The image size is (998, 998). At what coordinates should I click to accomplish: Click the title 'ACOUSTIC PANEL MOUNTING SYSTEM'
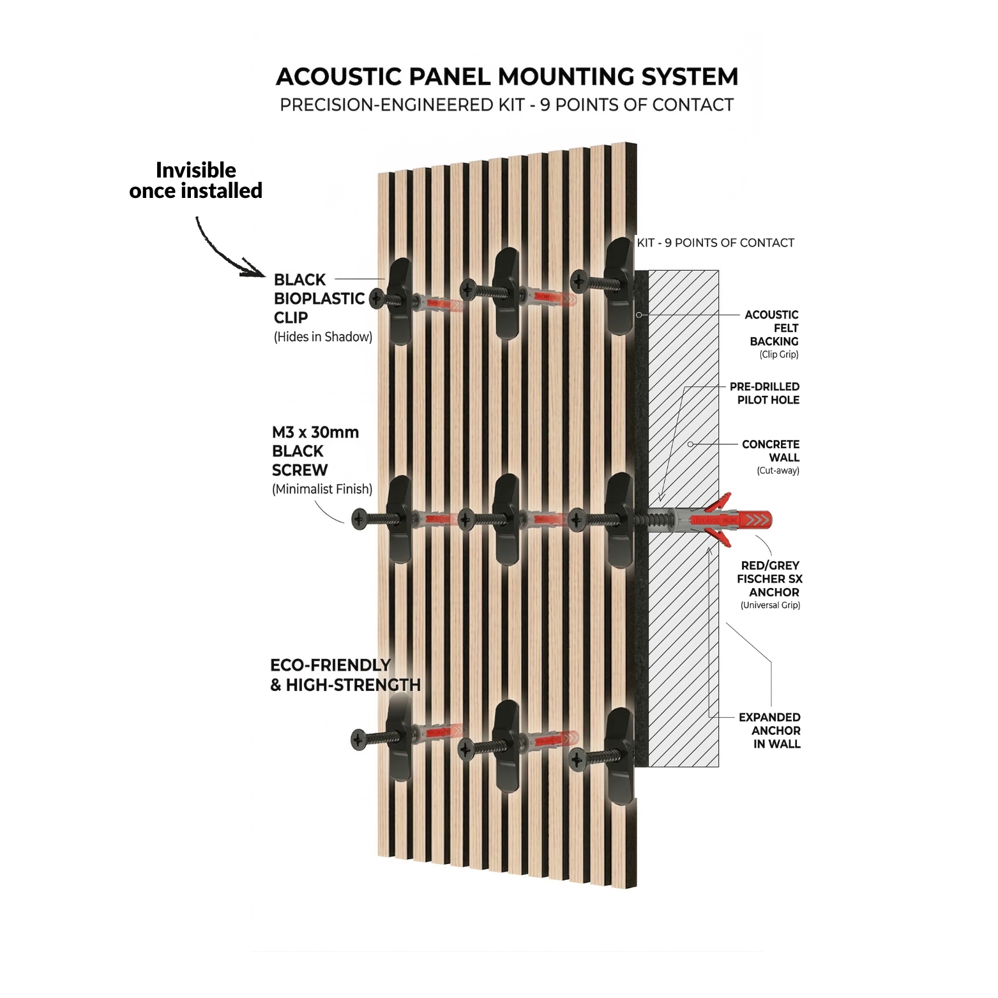[506, 77]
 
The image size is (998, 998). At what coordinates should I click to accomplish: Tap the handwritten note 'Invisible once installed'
[195, 180]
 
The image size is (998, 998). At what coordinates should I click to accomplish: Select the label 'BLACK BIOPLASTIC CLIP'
[318, 298]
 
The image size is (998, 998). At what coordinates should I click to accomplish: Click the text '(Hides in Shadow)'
[322, 336]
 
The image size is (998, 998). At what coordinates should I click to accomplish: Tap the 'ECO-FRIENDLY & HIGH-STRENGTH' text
[345, 675]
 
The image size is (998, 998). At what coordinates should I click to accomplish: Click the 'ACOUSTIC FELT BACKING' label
[773, 328]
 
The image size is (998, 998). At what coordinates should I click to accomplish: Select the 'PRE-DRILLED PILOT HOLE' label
[766, 393]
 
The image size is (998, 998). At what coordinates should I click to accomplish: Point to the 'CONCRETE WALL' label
[771, 451]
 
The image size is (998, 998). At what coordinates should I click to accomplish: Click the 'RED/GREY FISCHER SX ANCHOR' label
[769, 578]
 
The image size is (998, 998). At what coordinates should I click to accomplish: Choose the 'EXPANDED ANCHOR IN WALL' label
[770, 730]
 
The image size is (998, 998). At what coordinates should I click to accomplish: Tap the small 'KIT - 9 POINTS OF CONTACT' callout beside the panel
[715, 243]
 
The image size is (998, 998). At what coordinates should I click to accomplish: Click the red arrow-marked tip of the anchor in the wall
[757, 520]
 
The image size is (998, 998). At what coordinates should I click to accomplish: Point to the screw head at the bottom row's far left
[360, 739]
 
